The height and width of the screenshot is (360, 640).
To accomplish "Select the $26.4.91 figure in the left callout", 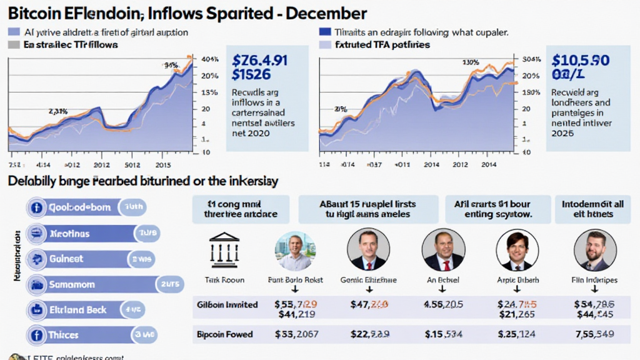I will point(259,61).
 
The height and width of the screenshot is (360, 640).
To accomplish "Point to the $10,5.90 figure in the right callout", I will point(581,61).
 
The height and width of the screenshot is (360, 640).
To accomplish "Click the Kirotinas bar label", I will point(68,234).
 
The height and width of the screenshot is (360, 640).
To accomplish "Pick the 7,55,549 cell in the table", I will point(594,334).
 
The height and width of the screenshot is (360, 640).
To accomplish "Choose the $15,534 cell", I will point(443,334).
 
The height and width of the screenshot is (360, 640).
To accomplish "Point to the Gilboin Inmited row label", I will point(227,304).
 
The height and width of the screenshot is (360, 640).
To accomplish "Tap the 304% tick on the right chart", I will point(530,59).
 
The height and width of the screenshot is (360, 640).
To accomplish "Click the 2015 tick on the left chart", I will point(164,165).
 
